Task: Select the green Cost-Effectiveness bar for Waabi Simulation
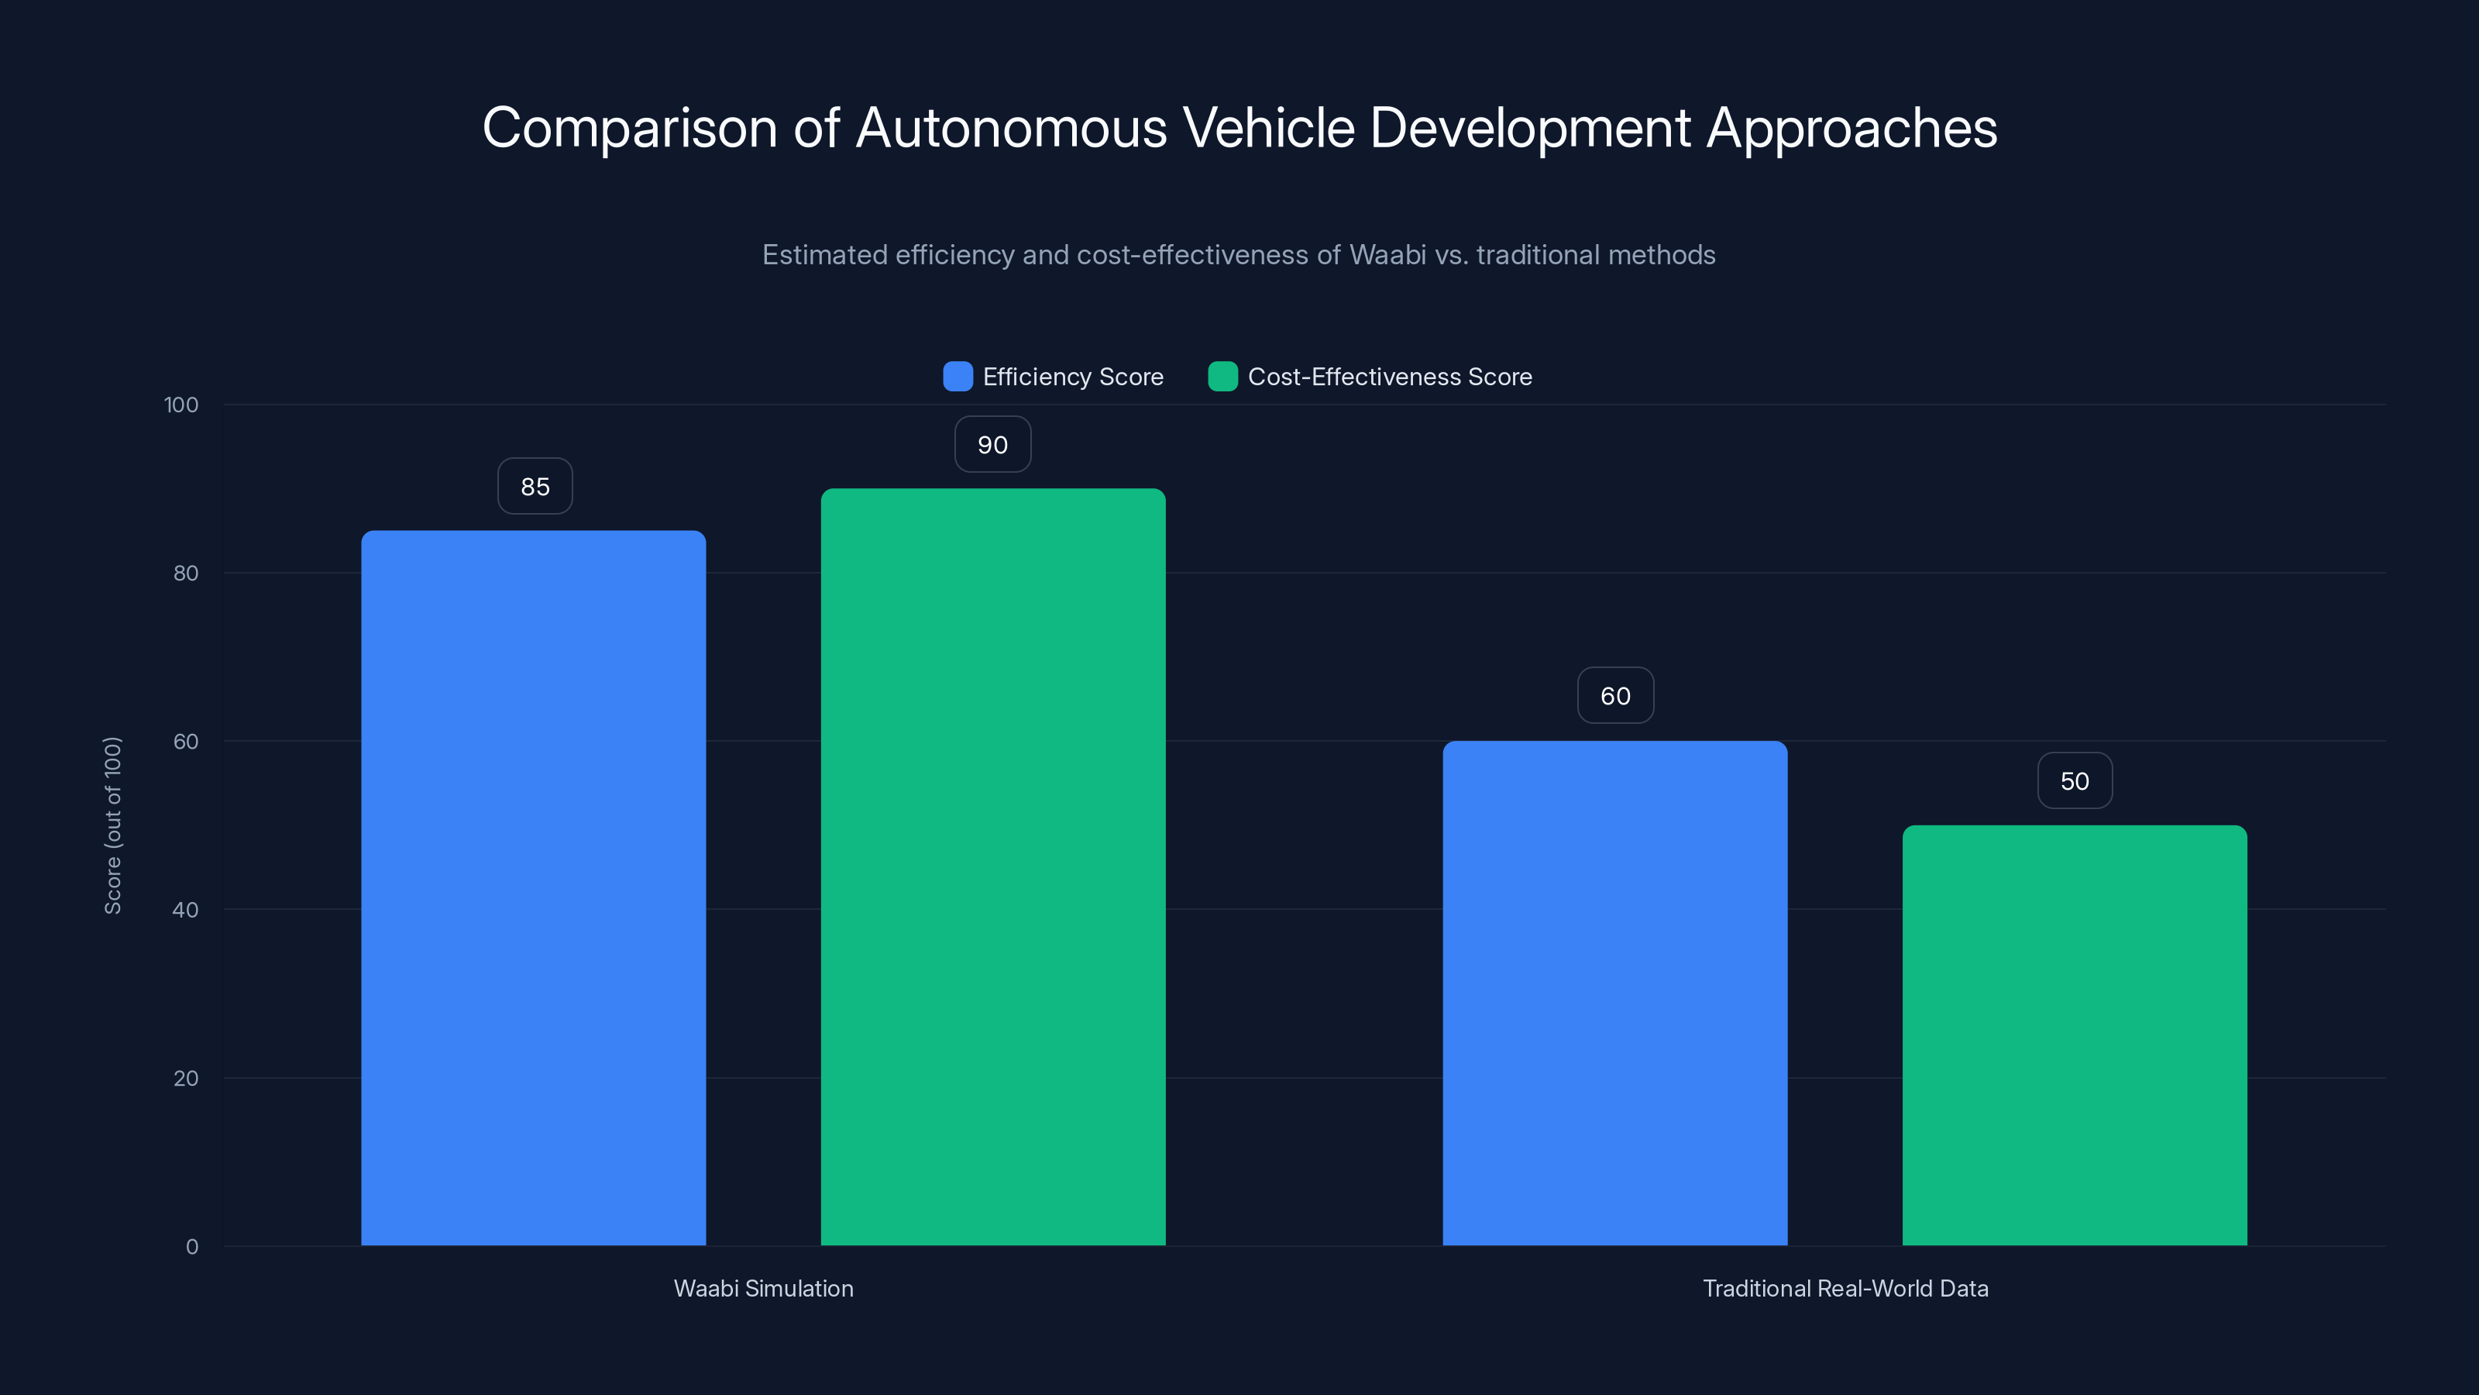tap(992, 866)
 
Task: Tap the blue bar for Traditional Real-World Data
tap(1614, 993)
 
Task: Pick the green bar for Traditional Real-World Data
tap(2074, 1035)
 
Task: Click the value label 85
tap(535, 486)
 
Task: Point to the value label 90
tap(992, 445)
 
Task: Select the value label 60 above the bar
tap(1614, 696)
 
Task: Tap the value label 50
tap(2074, 780)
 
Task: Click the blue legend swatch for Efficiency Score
tap(958, 377)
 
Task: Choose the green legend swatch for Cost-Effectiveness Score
tap(1222, 377)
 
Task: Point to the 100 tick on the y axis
tap(181, 405)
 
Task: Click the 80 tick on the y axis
tap(186, 573)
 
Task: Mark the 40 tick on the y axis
tap(186, 910)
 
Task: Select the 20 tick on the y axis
tap(186, 1078)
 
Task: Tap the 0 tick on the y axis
tap(191, 1247)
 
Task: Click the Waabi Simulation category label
tap(763, 1288)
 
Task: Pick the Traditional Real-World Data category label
tap(1845, 1288)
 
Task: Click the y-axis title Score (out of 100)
tap(112, 825)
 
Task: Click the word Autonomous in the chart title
tap(1010, 128)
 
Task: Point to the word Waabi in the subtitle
tap(1387, 255)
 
